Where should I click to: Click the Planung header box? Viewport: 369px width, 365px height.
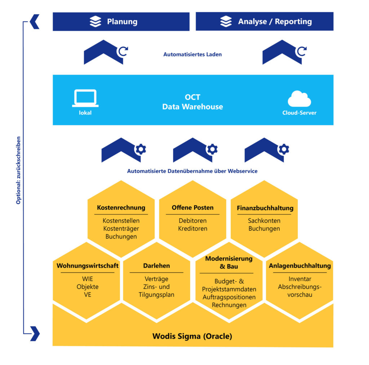[121, 22]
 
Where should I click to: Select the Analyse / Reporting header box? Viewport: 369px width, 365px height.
[264, 22]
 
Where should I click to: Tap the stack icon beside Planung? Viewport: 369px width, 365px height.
[95, 22]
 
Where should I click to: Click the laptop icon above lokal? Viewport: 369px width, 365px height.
[85, 98]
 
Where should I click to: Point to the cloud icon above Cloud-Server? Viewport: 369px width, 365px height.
[299, 99]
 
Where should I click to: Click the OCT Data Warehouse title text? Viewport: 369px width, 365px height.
[192, 102]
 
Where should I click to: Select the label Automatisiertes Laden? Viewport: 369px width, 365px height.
[192, 55]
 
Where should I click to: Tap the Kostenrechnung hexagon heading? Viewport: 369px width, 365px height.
[121, 208]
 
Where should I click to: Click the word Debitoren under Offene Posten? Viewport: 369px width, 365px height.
[192, 221]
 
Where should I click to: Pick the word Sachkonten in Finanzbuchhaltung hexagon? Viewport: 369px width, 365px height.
[264, 221]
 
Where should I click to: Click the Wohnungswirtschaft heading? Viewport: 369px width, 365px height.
[88, 266]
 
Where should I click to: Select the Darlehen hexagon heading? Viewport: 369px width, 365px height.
[156, 266]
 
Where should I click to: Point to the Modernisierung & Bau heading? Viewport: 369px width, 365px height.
[228, 262]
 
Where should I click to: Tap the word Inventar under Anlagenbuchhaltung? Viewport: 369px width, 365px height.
[300, 279]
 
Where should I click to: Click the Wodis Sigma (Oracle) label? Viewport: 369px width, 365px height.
[192, 336]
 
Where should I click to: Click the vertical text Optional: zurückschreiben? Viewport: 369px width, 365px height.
[18, 170]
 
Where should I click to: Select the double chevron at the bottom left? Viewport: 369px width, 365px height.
[35, 333]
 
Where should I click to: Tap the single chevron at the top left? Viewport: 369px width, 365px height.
[35, 22]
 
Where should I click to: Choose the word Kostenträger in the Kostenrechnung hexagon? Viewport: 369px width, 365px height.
[121, 229]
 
